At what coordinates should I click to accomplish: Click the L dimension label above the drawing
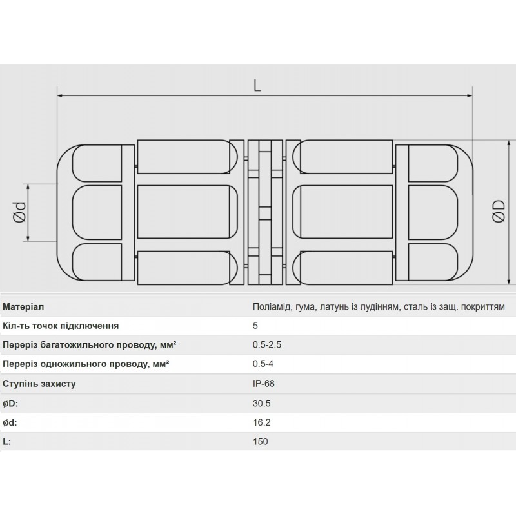(x=257, y=85)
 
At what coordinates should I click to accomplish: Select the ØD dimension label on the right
(x=497, y=212)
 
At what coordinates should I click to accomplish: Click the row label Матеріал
(x=24, y=307)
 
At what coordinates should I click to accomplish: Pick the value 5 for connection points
(x=255, y=326)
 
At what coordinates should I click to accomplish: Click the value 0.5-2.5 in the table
(x=267, y=345)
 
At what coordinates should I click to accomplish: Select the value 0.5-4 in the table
(x=263, y=364)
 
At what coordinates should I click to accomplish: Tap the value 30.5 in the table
(x=261, y=403)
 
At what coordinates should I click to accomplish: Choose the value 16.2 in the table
(x=261, y=422)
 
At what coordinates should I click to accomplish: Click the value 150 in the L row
(x=260, y=442)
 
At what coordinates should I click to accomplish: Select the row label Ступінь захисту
(x=39, y=384)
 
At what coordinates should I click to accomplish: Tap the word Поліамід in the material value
(x=272, y=307)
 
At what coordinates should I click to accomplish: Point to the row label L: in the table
(x=7, y=442)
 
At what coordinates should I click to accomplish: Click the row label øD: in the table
(x=10, y=403)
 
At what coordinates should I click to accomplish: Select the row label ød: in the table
(x=10, y=422)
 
